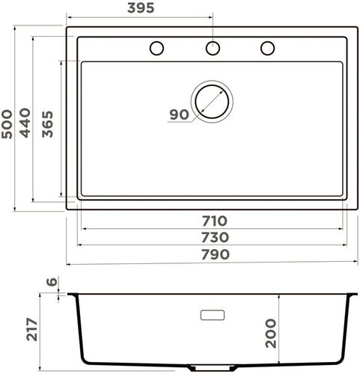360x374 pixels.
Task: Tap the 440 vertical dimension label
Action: [28, 122]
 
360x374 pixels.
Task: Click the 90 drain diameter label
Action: [178, 114]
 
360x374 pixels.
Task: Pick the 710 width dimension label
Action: [213, 221]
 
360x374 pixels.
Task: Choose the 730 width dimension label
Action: [213, 237]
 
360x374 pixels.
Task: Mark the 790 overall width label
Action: [213, 254]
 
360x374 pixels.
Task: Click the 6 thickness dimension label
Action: [51, 282]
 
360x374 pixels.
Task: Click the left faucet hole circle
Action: [156, 48]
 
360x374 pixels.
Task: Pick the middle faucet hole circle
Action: [213, 48]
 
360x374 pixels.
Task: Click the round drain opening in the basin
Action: [213, 100]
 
